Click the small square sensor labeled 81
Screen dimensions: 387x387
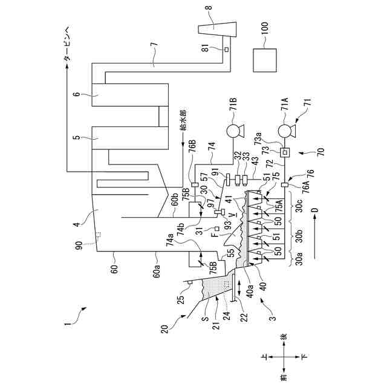click(x=226, y=50)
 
